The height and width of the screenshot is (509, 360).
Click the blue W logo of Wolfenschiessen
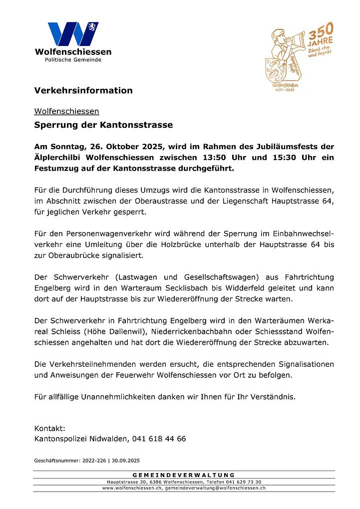(73, 34)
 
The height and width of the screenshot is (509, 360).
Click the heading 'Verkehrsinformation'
(83, 90)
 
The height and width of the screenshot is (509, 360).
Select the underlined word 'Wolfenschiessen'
(66, 111)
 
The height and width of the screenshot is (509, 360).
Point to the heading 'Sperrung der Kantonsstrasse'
(103, 125)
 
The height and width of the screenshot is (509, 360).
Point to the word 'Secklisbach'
(181, 288)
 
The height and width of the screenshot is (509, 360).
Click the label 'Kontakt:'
(49, 428)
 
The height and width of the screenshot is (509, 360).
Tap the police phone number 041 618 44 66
(159, 439)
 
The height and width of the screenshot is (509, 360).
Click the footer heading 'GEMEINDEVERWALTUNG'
(184, 475)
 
